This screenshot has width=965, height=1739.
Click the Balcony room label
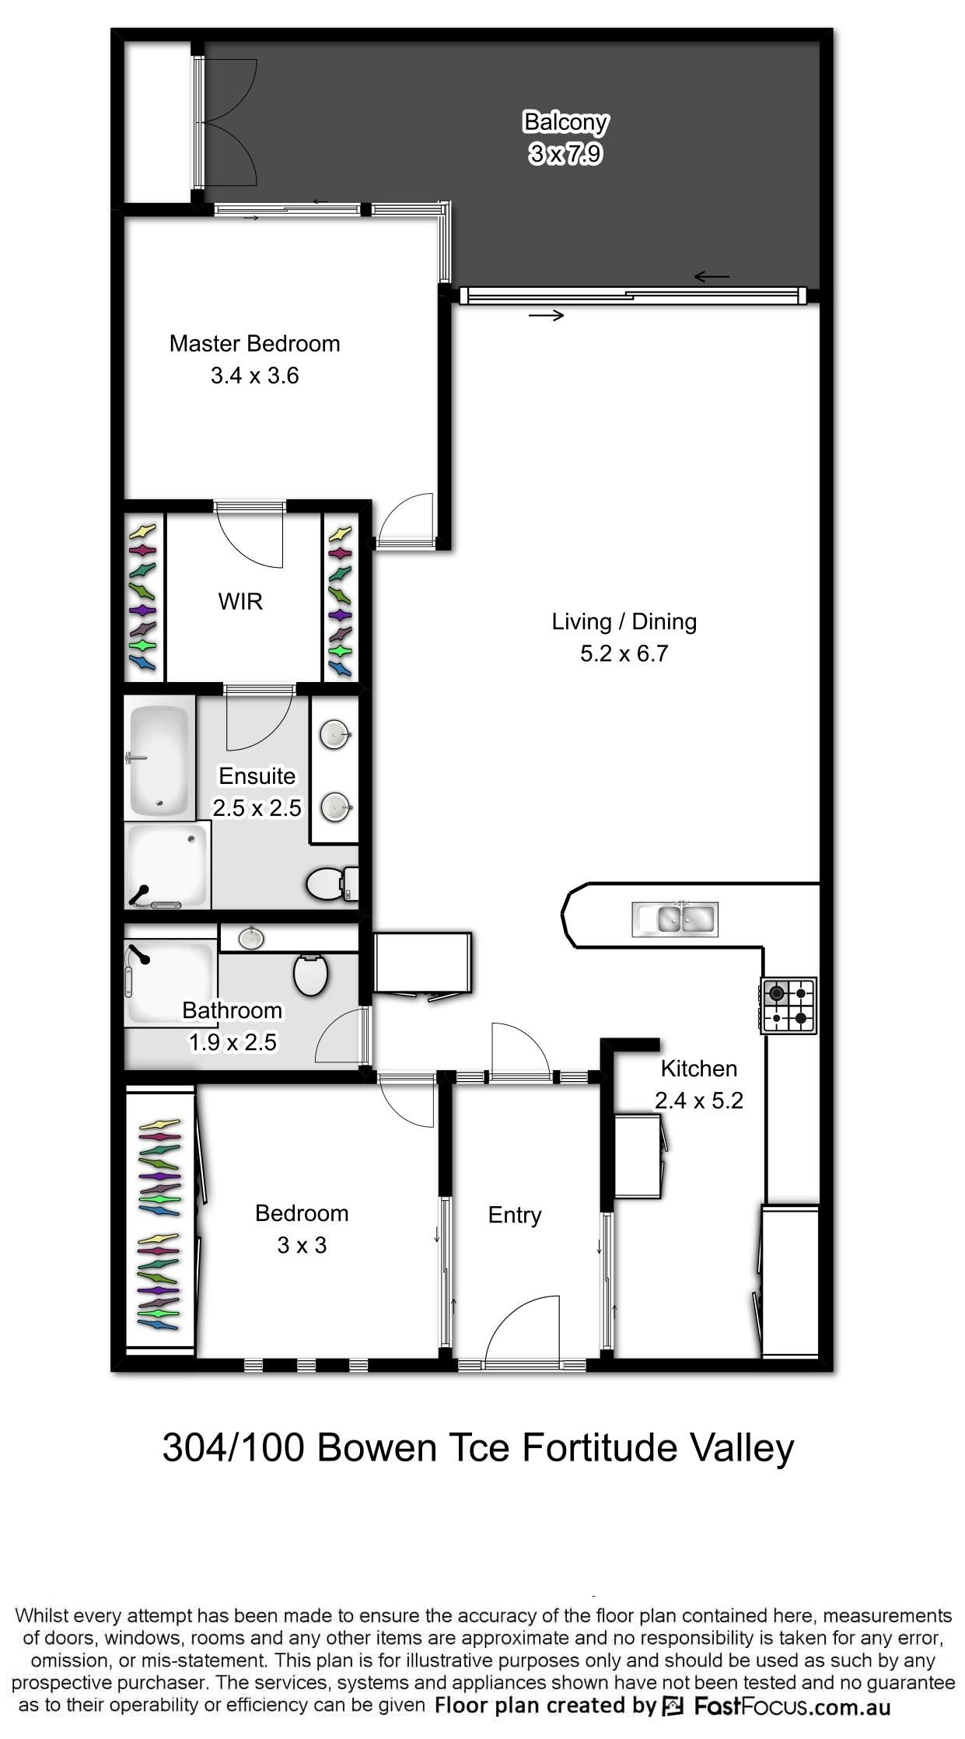565,122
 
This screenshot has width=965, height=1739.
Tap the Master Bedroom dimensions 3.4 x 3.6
255,376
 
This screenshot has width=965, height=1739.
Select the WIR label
240,601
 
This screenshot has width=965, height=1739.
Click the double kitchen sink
675,918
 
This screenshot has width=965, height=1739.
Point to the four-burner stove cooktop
788,1005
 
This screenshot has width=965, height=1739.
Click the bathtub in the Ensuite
159,760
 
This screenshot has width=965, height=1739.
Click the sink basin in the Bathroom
250,938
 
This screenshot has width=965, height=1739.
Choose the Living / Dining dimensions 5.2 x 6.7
624,654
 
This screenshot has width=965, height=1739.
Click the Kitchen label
699,1069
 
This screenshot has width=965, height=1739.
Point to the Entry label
515,1215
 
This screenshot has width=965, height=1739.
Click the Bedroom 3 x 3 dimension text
302,1245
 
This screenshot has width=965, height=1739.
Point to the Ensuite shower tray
167,865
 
